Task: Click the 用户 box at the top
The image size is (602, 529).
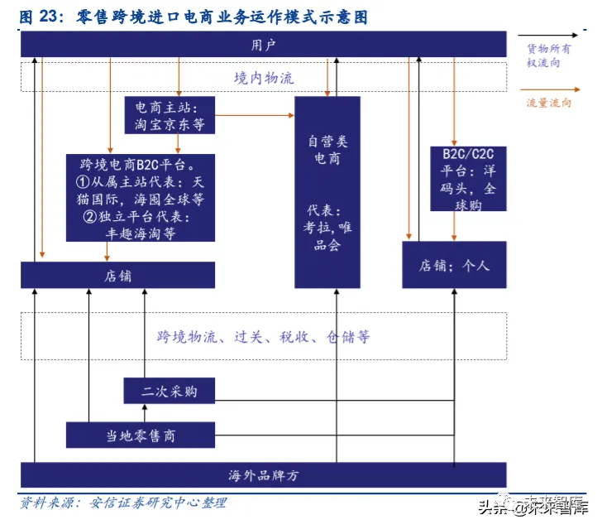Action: click(263, 45)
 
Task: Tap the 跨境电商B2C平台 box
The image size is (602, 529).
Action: click(141, 197)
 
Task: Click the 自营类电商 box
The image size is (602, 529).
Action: click(327, 192)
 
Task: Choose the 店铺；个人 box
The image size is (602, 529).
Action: click(454, 265)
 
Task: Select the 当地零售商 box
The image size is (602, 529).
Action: click(140, 435)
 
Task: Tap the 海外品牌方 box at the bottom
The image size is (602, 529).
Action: click(263, 475)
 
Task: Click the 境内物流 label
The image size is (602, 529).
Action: click(263, 79)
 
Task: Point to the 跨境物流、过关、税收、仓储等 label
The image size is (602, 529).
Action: click(263, 337)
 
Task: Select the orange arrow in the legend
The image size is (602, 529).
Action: click(547, 89)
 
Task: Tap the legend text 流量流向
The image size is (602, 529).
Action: click(548, 103)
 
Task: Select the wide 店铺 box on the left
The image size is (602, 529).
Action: click(117, 275)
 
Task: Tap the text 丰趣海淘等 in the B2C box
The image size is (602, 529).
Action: click(141, 234)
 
